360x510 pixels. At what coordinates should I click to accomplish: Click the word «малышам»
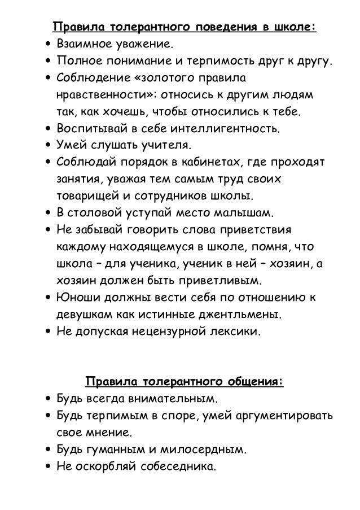click(247, 213)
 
